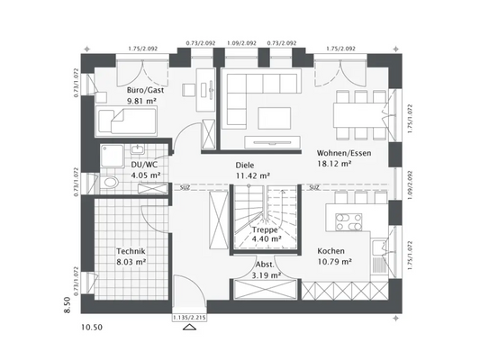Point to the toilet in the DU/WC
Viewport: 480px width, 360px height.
[x=109, y=181]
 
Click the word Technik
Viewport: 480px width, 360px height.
[x=131, y=253]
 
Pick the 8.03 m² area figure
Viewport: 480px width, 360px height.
[x=131, y=264]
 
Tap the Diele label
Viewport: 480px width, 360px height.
[x=246, y=166]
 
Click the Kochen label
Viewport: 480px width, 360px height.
[x=331, y=253]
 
